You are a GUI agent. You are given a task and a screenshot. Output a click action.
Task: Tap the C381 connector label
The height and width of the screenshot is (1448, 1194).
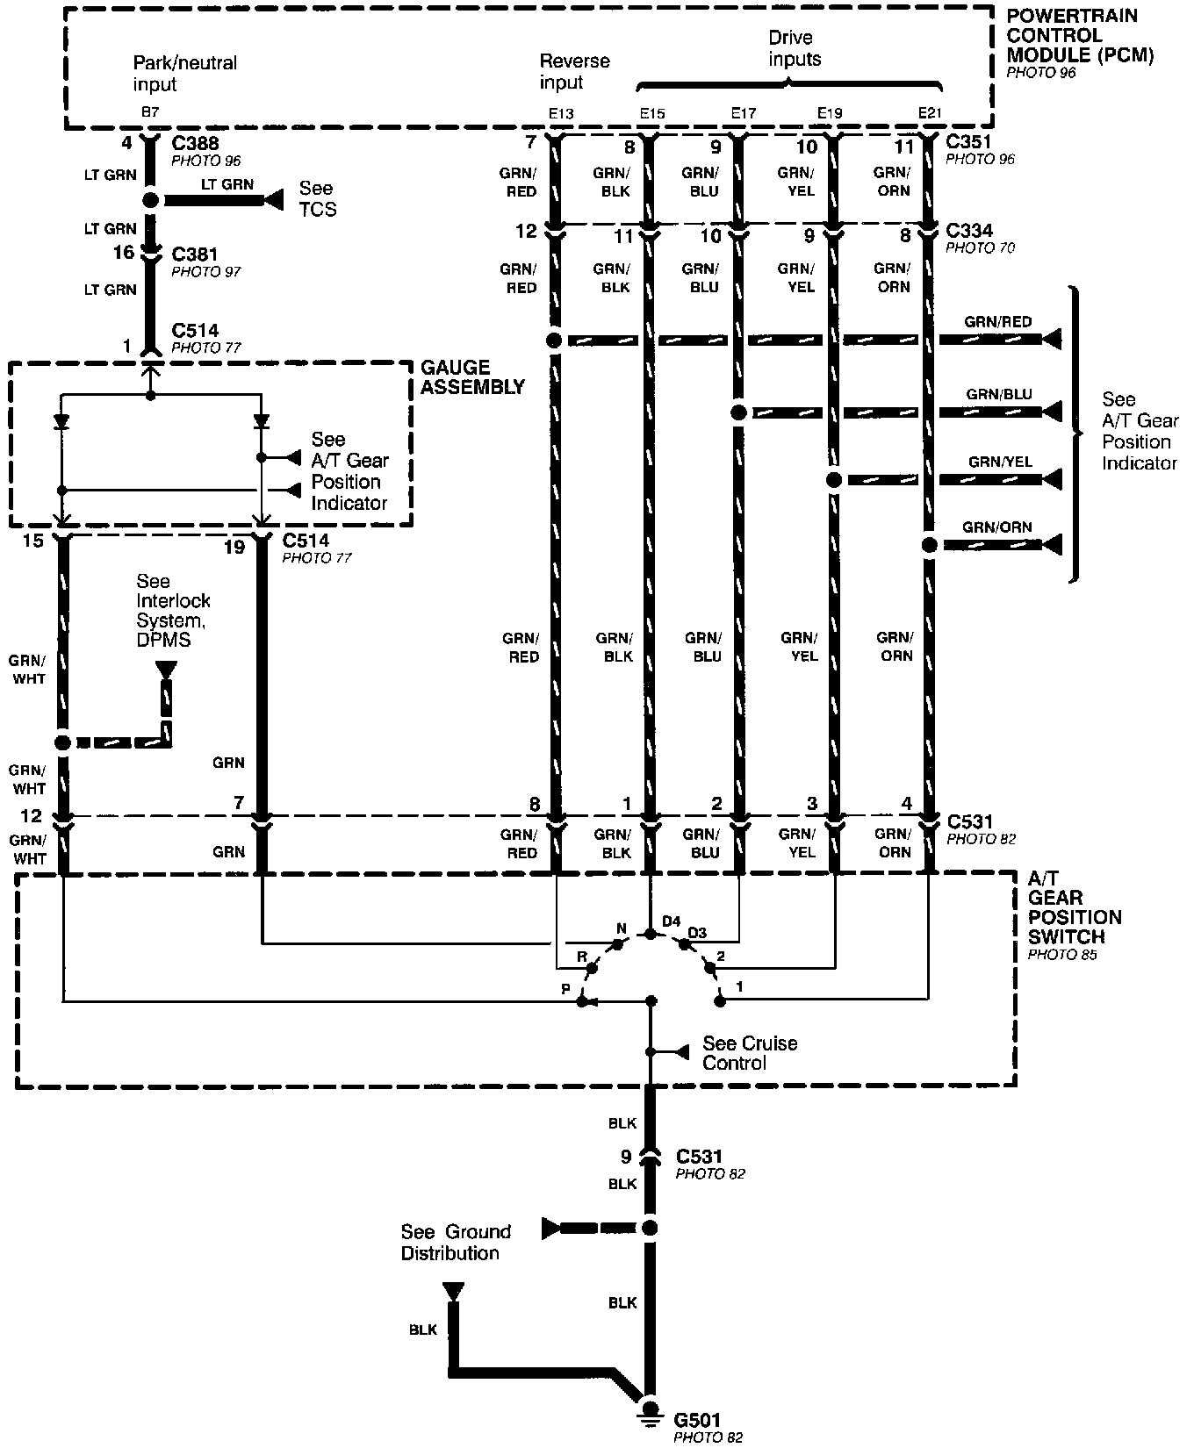click(x=195, y=254)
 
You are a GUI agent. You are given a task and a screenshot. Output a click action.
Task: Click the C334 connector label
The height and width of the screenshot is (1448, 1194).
click(x=969, y=231)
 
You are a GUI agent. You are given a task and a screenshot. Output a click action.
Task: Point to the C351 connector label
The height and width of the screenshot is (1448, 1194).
click(x=969, y=142)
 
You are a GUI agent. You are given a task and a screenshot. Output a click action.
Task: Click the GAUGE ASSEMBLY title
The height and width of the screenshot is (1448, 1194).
click(x=472, y=377)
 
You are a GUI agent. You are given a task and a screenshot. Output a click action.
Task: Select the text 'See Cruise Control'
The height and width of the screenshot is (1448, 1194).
click(x=748, y=1053)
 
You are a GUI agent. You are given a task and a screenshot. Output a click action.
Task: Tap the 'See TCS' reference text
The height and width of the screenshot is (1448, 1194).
click(x=317, y=199)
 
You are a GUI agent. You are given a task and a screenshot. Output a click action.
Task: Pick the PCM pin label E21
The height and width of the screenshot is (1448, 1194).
click(x=930, y=114)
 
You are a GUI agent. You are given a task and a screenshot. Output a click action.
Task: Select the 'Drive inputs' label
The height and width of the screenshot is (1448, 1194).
click(x=794, y=48)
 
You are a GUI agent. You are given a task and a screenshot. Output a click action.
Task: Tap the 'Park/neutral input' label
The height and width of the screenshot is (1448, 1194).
click(x=184, y=74)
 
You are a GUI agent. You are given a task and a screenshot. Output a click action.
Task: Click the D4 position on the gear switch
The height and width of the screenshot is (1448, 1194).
click(x=671, y=921)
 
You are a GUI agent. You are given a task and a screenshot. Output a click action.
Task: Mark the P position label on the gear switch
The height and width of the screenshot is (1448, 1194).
click(x=566, y=989)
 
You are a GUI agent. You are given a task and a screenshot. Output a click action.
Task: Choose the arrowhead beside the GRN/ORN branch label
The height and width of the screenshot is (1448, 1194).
click(x=1051, y=545)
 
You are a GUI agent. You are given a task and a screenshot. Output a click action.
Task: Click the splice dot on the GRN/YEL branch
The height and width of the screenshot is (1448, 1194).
click(x=834, y=480)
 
